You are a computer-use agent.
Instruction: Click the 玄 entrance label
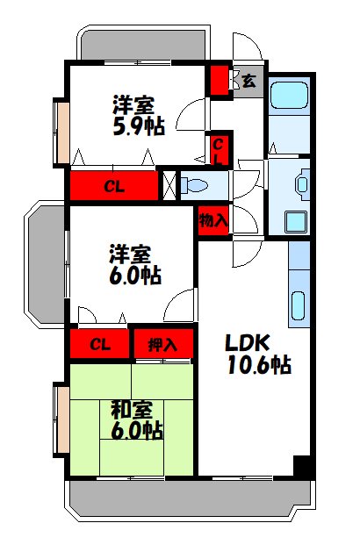coord(249,81)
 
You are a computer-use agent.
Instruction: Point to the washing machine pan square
coord(296,221)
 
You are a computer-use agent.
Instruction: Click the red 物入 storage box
coord(213,220)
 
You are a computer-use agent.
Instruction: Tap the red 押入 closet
coord(162,343)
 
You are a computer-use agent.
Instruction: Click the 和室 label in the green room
coord(132,409)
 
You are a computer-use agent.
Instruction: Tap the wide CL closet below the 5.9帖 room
coord(113,186)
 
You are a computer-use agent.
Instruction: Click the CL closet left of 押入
coord(99,343)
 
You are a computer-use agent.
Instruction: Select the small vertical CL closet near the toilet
coord(219,150)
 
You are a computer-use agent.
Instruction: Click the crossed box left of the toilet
coord(169,185)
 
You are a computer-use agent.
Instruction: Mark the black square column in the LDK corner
coord(302,467)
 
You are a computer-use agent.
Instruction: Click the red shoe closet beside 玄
coord(218,81)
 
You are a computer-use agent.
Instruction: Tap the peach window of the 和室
coord(61,418)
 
